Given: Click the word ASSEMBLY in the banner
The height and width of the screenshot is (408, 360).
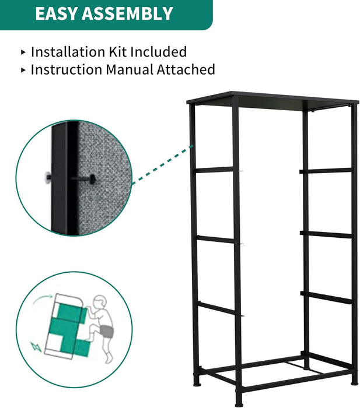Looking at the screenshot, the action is click(127, 13).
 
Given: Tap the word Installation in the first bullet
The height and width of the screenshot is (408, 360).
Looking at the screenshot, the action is click(68, 51).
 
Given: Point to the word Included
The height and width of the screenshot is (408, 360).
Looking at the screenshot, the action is click(159, 51).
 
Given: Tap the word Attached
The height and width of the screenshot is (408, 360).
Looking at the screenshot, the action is click(186, 69).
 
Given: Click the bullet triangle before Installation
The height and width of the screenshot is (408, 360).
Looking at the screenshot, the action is click(23, 52).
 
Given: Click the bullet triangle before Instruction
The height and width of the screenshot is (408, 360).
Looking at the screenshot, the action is click(23, 70).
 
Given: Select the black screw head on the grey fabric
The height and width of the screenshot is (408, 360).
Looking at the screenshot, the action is click(92, 179).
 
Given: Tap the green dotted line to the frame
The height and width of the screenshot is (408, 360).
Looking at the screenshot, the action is click(163, 165).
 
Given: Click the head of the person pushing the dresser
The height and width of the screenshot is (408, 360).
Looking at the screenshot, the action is click(100, 302).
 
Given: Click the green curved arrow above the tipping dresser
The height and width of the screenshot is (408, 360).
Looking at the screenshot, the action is click(43, 300).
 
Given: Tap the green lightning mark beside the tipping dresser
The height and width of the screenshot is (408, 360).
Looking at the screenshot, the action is click(36, 347).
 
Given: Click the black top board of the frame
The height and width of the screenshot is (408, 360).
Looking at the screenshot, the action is click(272, 99).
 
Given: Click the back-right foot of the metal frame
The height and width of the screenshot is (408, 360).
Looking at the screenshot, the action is click(355, 382).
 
